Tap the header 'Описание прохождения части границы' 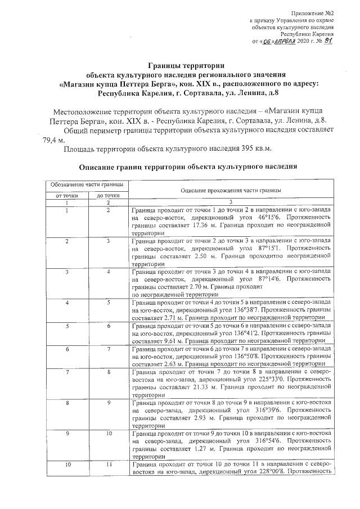(231, 191)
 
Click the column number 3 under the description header (231, 202)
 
